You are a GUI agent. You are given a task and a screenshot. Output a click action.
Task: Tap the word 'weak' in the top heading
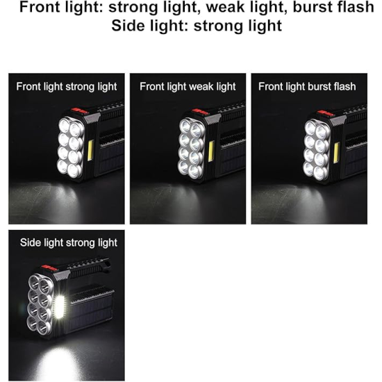click(224, 7)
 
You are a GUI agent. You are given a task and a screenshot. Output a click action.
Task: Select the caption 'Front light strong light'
click(67, 87)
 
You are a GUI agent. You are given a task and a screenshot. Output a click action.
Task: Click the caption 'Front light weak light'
click(188, 87)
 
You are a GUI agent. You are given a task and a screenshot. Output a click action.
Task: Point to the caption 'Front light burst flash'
click(307, 87)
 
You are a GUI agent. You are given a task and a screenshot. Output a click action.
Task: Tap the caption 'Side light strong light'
click(69, 243)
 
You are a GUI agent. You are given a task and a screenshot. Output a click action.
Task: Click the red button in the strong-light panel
click(80, 111)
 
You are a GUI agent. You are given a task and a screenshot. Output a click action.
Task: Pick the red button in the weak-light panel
click(201, 113)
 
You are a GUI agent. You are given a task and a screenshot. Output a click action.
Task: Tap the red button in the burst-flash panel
click(326, 113)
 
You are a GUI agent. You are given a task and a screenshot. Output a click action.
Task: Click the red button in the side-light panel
click(49, 268)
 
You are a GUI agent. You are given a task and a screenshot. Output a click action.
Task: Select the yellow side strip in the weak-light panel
click(211, 151)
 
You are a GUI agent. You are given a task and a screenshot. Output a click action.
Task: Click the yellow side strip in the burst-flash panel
click(337, 153)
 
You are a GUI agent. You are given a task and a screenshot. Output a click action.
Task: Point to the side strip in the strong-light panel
click(90, 150)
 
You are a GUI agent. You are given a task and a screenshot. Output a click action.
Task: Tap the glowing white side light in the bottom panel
click(59, 307)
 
